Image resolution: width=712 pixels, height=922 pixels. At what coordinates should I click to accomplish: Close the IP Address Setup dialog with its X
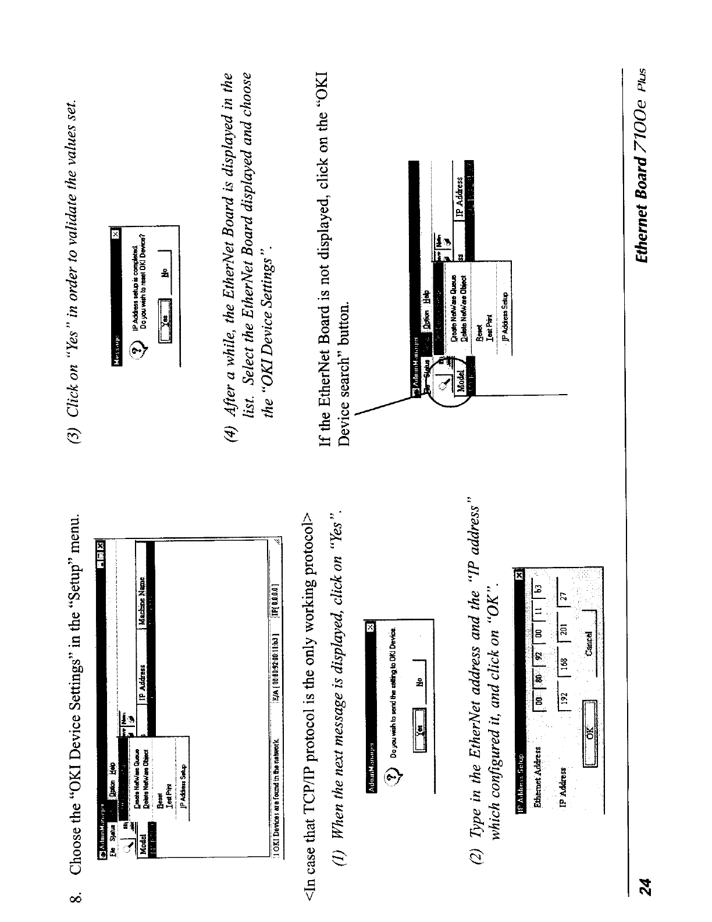(519, 577)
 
